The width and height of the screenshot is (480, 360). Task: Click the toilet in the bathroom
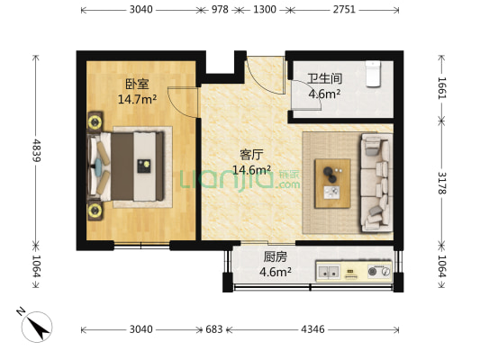coord(373,74)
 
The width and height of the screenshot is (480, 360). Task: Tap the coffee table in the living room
coord(332,184)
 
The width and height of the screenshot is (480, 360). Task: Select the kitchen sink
coord(329,271)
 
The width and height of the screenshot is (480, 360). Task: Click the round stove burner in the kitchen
coord(372,271)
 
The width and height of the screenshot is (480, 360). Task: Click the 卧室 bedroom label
coord(137,84)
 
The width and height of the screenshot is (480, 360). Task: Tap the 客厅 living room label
coord(251,155)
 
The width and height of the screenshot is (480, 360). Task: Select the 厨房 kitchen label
coord(276,256)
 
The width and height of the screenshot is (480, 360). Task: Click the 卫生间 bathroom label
coord(324,78)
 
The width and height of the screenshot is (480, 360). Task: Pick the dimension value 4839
coord(36,150)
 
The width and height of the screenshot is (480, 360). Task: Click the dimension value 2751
coord(344,10)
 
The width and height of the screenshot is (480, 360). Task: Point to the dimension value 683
coord(213,329)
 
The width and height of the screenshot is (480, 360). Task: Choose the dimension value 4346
coord(312,329)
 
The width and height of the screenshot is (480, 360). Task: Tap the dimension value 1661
coord(442,88)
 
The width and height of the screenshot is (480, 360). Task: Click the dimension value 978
coord(220,10)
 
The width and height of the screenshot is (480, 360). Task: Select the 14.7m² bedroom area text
coord(138,99)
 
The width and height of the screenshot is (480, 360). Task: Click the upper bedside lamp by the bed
coord(95,122)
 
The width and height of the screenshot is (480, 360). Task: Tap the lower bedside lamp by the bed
coord(95,210)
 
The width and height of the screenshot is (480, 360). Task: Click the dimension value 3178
coord(442,183)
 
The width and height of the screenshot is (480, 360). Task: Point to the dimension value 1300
coord(265,10)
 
